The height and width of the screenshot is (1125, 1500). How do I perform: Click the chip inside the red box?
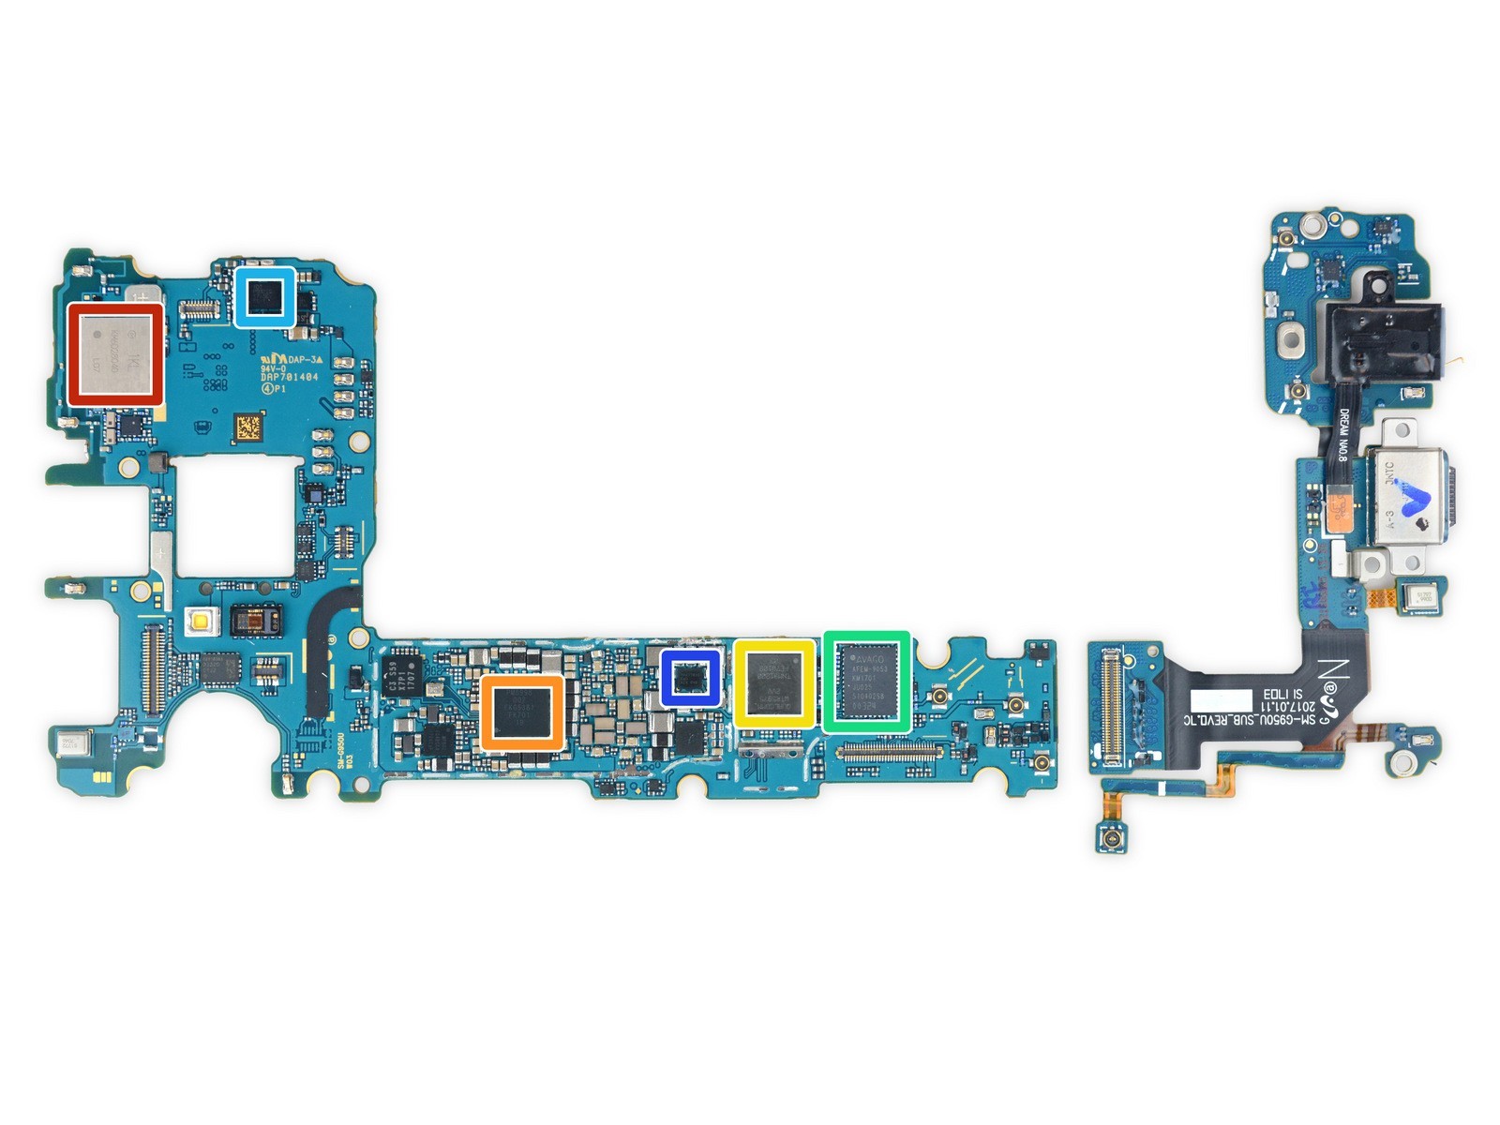tap(115, 354)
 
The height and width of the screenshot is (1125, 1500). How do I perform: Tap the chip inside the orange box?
tap(522, 713)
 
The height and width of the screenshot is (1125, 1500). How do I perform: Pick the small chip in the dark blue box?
tap(691, 677)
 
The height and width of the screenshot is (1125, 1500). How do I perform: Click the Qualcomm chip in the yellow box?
tap(773, 683)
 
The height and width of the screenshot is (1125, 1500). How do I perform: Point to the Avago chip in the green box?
tap(866, 681)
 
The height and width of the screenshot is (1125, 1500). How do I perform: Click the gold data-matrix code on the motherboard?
tap(247, 428)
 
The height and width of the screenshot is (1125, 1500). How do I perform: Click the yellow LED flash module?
tap(200, 620)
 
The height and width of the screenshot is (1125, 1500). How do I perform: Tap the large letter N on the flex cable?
tap(1335, 672)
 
